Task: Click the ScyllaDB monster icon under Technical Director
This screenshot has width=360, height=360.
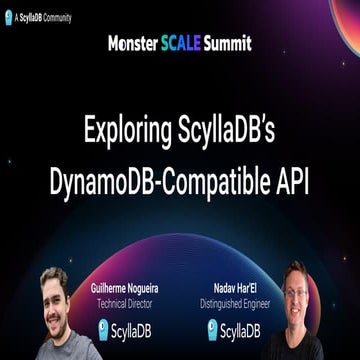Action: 104,329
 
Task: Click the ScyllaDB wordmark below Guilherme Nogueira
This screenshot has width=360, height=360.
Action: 144,330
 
